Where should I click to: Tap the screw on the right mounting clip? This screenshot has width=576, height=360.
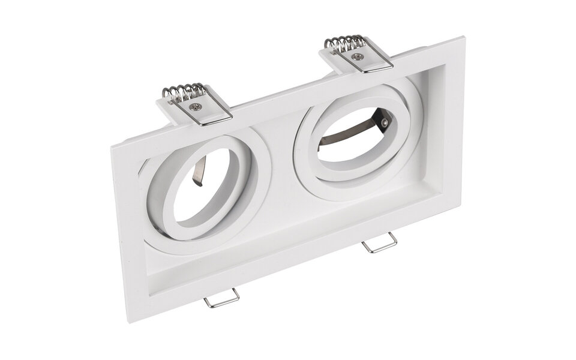point(358,56)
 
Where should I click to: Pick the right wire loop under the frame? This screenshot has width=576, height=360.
point(379,243)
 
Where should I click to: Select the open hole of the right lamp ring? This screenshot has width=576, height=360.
point(351,141)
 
